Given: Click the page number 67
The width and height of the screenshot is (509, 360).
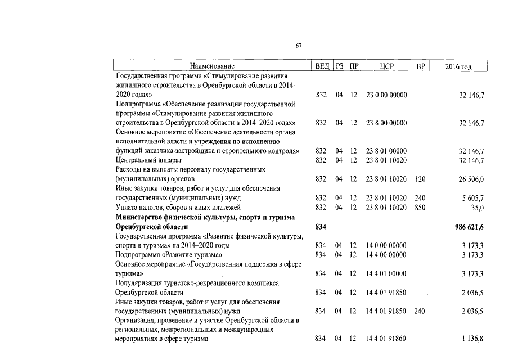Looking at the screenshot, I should click(299, 47).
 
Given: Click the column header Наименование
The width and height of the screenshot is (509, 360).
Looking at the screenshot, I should click(212, 66).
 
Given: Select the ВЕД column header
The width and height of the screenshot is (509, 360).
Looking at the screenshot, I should click(322, 66).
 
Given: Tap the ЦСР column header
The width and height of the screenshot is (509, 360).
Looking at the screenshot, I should click(387, 66).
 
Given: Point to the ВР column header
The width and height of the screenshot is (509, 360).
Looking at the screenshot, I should click(420, 66).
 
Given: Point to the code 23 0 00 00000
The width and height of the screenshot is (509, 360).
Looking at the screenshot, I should click(386, 95).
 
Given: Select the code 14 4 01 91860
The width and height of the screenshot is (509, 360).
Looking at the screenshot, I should click(386, 339).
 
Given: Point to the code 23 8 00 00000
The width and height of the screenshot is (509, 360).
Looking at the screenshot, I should click(386, 123).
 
